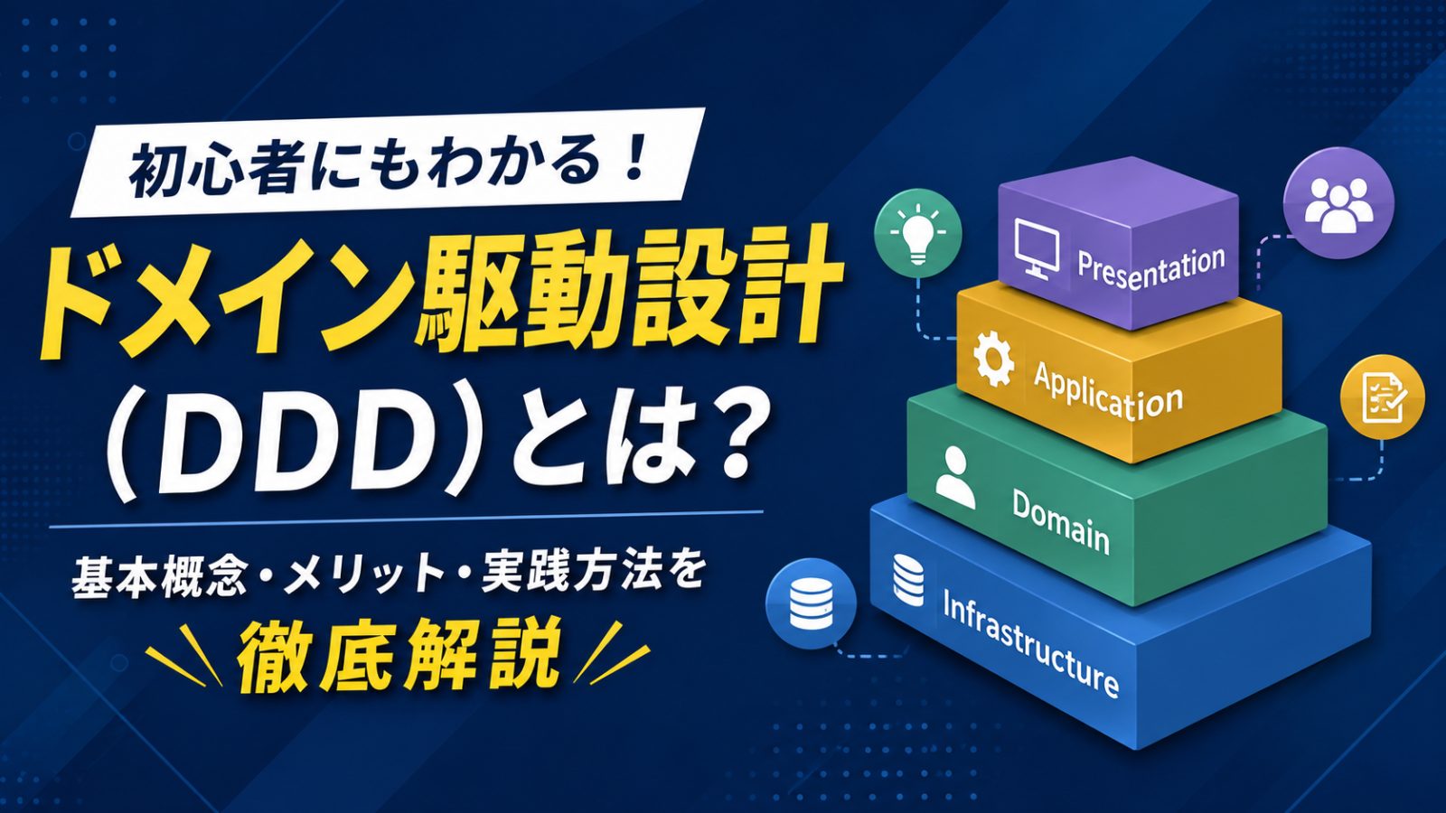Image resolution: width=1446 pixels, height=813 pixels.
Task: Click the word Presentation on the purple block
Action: click(1151, 267)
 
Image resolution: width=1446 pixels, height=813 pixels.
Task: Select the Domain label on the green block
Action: click(1061, 520)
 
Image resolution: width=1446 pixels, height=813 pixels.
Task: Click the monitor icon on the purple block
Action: click(1037, 248)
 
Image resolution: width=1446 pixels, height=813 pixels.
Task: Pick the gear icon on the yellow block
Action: click(993, 359)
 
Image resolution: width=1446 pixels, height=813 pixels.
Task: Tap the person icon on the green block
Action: click(954, 477)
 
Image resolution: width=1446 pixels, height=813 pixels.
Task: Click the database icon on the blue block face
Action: click(907, 579)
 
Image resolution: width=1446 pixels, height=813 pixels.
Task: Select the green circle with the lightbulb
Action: click(918, 234)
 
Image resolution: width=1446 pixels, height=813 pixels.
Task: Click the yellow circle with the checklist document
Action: click(1383, 397)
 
